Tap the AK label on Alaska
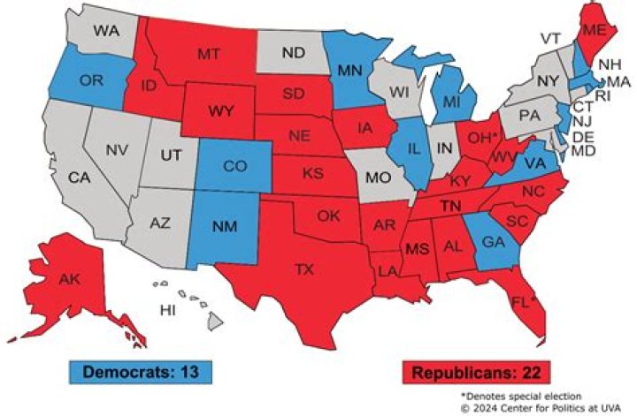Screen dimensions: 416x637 click(70, 279)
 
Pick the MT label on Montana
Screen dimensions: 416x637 click(208, 55)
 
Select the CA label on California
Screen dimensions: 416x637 click(80, 178)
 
